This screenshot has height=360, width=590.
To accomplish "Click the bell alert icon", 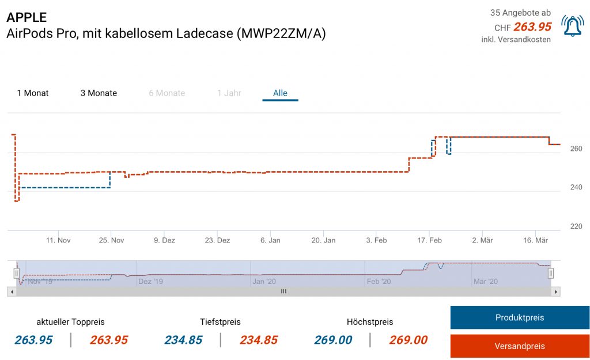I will click(573, 26).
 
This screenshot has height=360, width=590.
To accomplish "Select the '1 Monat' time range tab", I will click(33, 93).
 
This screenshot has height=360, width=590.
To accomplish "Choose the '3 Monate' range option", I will click(99, 93).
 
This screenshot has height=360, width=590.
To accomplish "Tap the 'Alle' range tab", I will click(280, 93).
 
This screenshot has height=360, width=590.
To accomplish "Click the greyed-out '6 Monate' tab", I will click(167, 93).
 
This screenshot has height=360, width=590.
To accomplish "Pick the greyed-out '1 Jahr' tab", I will click(229, 93).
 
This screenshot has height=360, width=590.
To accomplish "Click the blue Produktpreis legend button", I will click(519, 317).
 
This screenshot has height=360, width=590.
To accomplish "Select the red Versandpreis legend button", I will click(519, 346).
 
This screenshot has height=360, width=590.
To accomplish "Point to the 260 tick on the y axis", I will click(576, 149).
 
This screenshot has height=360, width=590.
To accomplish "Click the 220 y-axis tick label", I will click(576, 226).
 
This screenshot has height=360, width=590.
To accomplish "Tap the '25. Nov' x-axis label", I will click(112, 240).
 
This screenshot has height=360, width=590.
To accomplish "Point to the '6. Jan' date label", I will click(271, 240).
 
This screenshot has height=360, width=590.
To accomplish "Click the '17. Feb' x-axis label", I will click(429, 240).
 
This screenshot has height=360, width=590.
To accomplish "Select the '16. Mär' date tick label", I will click(535, 240).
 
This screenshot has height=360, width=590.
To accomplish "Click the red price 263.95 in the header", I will click(532, 26).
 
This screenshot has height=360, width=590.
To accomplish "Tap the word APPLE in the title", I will click(27, 17).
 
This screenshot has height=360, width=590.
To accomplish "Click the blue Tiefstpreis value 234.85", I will click(183, 340).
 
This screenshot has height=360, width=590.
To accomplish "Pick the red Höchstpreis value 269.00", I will click(409, 340).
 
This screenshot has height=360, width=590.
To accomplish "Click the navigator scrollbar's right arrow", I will click(556, 292).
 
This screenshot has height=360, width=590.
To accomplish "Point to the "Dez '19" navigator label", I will click(150, 282).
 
